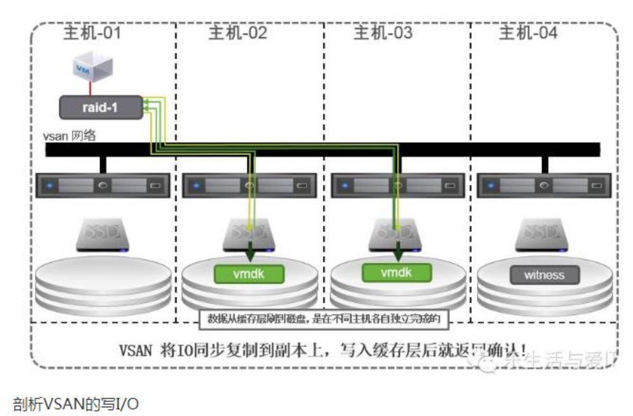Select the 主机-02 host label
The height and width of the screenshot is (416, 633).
(x=238, y=33)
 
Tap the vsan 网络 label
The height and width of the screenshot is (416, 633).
(x=70, y=136)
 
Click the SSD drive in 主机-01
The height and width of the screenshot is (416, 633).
(x=103, y=234)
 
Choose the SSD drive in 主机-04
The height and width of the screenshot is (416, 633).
(x=543, y=234)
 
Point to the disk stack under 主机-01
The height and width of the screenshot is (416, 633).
(x=103, y=282)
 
